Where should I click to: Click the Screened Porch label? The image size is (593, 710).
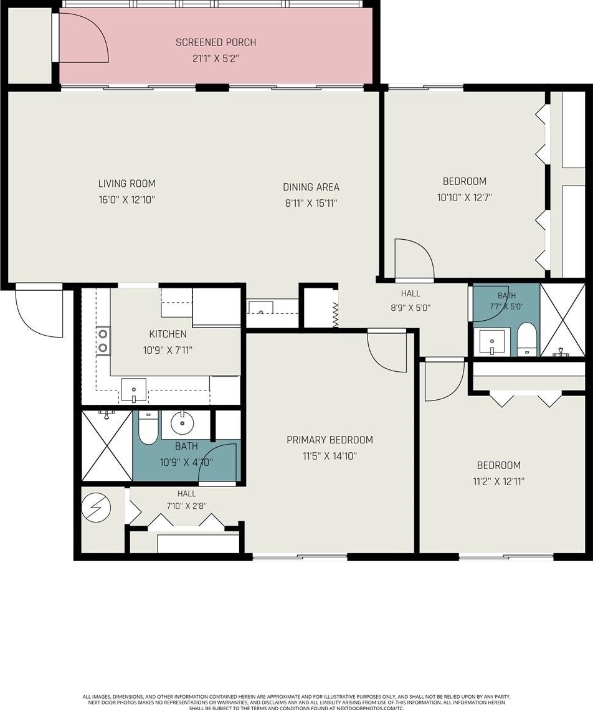pyautogui.click(x=216, y=42)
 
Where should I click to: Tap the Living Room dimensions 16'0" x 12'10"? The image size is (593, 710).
pyautogui.click(x=127, y=200)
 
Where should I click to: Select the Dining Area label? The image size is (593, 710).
pyautogui.click(x=311, y=187)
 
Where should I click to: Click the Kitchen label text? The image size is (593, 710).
pyautogui.click(x=168, y=334)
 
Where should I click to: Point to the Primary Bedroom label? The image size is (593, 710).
pyautogui.click(x=330, y=440)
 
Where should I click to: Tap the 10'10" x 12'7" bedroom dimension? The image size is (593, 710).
pyautogui.click(x=464, y=197)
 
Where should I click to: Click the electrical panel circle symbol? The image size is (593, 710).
pyautogui.click(x=96, y=508)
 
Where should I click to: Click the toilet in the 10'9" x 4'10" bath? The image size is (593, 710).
pyautogui.click(x=147, y=428)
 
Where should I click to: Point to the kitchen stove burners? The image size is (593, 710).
pyautogui.click(x=103, y=341)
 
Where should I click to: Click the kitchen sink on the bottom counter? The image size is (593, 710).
pyautogui.click(x=134, y=390)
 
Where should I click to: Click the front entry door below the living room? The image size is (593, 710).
pyautogui.click(x=39, y=311)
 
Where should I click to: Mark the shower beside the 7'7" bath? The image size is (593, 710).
pyautogui.click(x=562, y=320)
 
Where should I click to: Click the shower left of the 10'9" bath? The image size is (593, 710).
pyautogui.click(x=107, y=445)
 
